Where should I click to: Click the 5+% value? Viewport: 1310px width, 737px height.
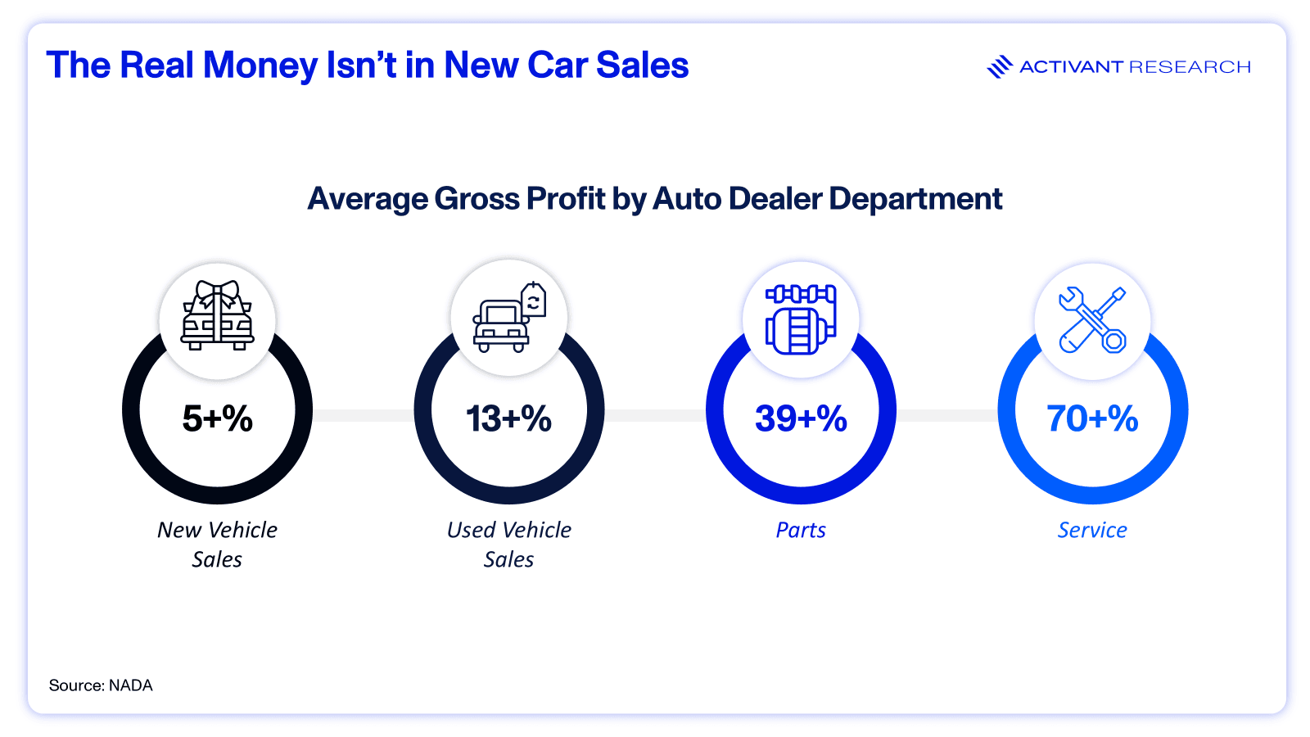[217, 418]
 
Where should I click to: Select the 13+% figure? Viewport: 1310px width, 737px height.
[508, 418]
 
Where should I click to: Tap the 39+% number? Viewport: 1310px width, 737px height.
[801, 418]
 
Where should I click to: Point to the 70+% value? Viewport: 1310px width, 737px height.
[1092, 418]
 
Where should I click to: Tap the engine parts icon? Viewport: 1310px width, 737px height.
[801, 319]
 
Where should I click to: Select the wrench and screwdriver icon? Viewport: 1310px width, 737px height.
[1092, 319]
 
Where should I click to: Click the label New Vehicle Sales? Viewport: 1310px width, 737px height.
[217, 545]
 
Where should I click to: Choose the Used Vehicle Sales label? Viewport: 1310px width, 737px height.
[508, 545]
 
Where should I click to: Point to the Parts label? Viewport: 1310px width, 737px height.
[801, 531]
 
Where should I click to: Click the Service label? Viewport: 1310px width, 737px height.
[1092, 531]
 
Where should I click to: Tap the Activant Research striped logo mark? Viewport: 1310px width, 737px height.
[1000, 66]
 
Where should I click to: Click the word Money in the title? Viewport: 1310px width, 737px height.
[260, 66]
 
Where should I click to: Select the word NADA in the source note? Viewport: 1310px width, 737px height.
[131, 685]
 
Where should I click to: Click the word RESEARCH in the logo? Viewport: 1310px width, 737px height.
[1190, 67]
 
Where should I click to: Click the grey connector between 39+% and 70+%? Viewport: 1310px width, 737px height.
[946, 415]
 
